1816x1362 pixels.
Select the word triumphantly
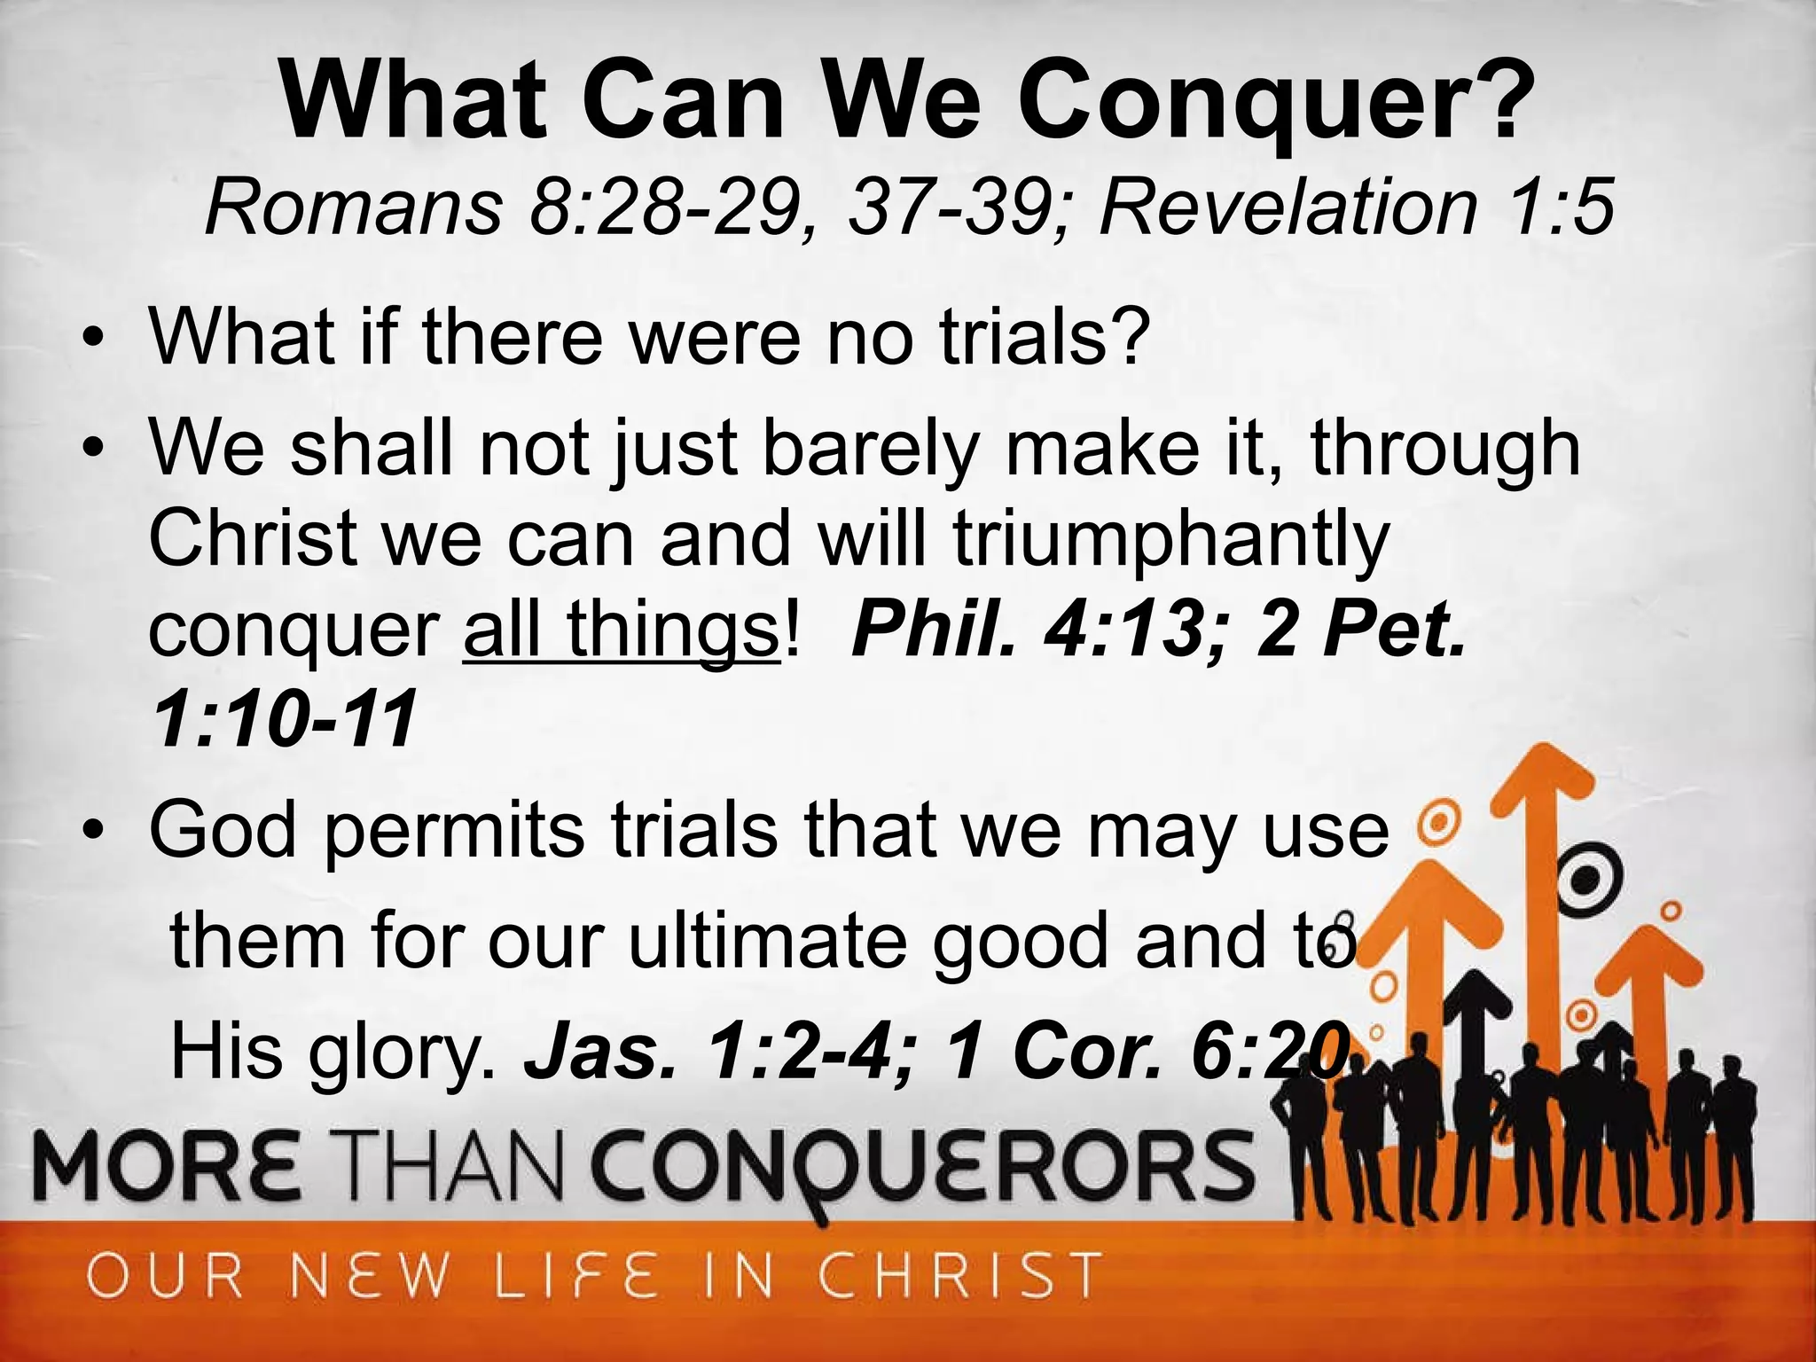(x=1170, y=542)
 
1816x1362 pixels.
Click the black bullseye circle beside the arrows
(x=1588, y=879)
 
